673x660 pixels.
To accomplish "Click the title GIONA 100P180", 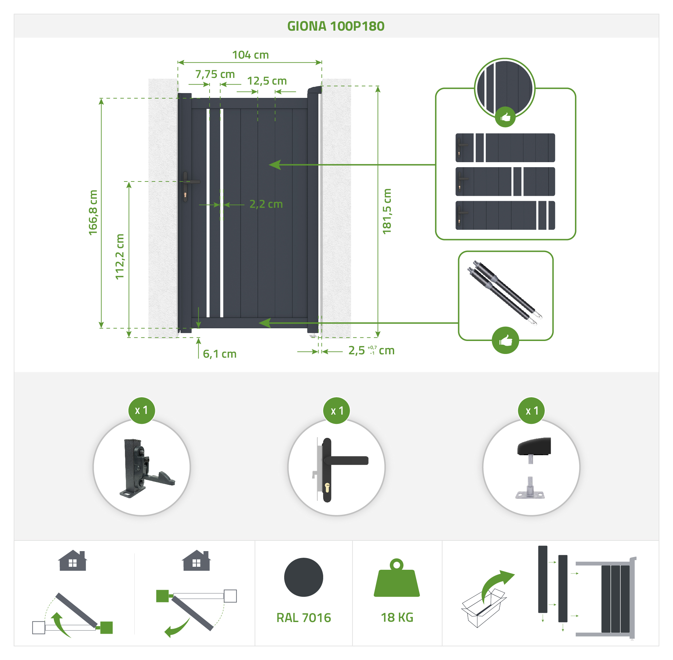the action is click(336, 26).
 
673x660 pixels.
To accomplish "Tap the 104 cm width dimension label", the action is click(250, 55).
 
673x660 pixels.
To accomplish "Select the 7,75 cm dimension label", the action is click(215, 74).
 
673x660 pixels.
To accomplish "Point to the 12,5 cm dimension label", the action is click(267, 81).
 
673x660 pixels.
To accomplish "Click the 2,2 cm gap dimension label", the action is click(266, 204).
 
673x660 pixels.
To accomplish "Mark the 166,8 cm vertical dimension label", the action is click(93, 212).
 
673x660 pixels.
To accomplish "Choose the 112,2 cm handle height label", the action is click(120, 256).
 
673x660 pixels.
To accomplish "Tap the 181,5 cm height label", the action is click(386, 211).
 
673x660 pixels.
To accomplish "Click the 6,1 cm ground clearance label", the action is click(220, 354).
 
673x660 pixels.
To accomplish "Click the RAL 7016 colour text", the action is click(304, 618).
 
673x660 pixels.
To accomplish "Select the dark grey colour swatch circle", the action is click(304, 577).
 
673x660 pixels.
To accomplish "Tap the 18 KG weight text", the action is click(397, 617).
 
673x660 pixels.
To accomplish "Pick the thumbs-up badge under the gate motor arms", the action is click(505, 340).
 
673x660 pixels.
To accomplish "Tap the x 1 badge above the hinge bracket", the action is click(142, 411).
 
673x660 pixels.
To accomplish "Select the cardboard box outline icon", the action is click(483, 607).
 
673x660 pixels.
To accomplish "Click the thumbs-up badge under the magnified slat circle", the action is click(505, 117).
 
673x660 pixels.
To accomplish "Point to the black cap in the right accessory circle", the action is click(534, 447).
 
